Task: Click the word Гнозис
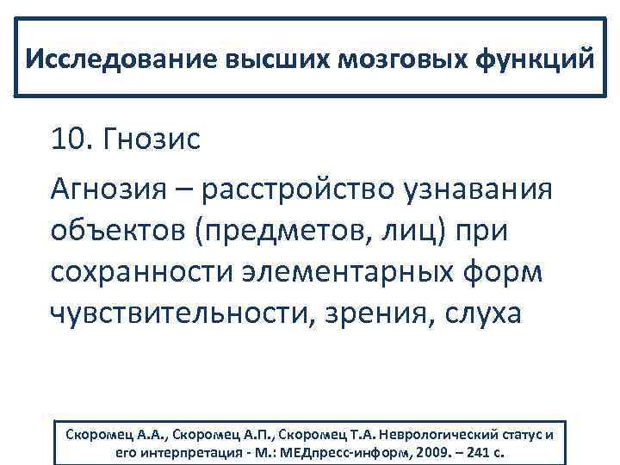[x=152, y=139]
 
